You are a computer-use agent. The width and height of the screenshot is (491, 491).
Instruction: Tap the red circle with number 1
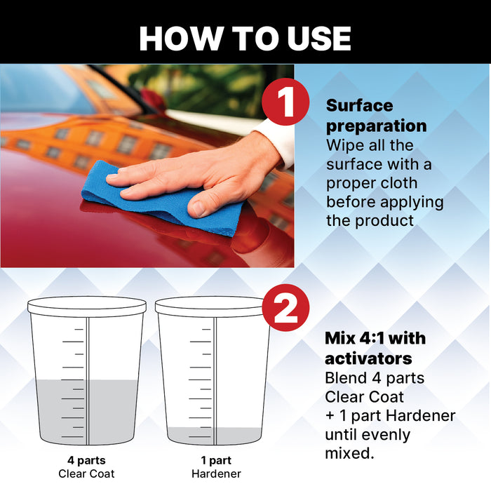pyautogui.click(x=286, y=102)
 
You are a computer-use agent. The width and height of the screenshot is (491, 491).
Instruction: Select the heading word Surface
pyautogui.click(x=360, y=106)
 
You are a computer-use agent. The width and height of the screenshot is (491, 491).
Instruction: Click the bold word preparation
pyautogui.click(x=376, y=126)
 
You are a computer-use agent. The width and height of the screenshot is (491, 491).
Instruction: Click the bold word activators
pyautogui.click(x=368, y=359)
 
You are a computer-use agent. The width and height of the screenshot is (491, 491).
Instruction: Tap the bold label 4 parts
pyautogui.click(x=87, y=462)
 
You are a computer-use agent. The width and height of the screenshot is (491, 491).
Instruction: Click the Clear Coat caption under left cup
pyautogui.click(x=87, y=474)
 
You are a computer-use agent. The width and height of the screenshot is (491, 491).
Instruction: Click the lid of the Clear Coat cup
pyautogui.click(x=87, y=305)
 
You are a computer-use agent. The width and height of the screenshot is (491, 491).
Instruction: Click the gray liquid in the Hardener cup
pyautogui.click(x=213, y=436)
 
